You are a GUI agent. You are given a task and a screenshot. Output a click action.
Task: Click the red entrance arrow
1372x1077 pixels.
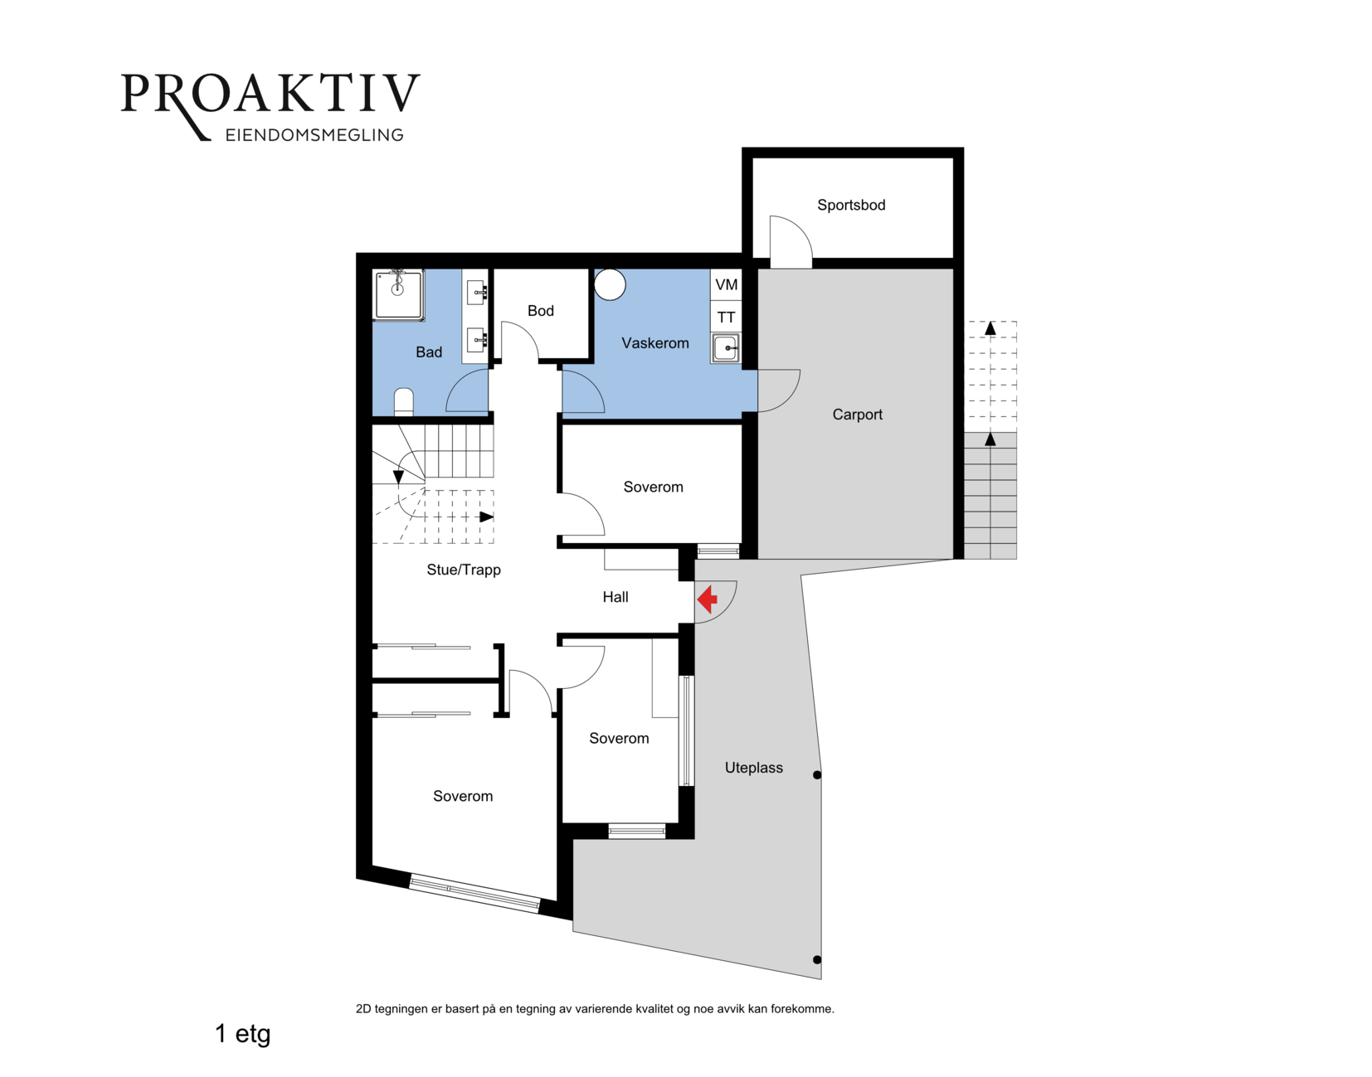[707, 599]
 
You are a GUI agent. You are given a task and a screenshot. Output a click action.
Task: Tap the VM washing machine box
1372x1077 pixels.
[726, 284]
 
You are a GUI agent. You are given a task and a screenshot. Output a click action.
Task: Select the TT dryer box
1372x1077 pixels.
[726, 317]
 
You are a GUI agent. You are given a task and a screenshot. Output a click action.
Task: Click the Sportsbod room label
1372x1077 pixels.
[851, 205]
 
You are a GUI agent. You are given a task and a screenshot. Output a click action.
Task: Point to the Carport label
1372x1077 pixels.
[857, 415]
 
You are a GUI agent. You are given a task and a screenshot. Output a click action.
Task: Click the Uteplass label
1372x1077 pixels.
[753, 768]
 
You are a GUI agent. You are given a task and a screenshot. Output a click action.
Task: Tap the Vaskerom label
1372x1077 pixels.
[654, 343]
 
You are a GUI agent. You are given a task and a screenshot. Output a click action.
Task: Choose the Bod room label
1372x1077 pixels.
[541, 310]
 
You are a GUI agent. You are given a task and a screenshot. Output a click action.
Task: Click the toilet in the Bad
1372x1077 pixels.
[403, 402]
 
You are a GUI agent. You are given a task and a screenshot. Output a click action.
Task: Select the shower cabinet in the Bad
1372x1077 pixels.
[398, 294]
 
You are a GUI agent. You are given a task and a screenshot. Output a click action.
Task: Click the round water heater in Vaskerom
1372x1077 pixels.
[610, 284]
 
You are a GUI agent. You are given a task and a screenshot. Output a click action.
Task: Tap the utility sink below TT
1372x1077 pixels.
[726, 348]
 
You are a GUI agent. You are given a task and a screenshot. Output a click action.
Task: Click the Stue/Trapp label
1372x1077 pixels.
[464, 570]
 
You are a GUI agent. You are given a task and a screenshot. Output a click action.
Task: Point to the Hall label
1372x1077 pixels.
[615, 597]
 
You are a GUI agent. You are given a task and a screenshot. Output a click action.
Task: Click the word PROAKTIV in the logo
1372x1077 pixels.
[270, 94]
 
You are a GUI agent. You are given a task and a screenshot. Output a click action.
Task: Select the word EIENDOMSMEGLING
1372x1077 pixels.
[314, 135]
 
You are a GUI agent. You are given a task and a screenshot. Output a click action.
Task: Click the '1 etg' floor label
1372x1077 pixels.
[242, 1034]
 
